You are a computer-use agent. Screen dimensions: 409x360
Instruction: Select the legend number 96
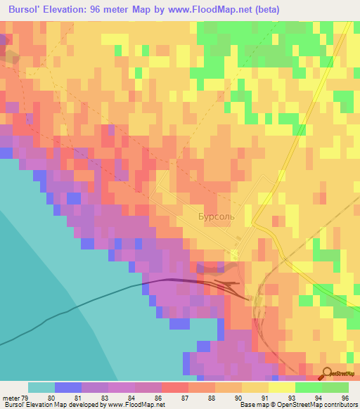pyautogui.click(x=345, y=397)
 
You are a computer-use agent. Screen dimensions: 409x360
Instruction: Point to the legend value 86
pyautogui.click(x=157, y=397)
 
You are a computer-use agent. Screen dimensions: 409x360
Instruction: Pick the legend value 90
pyautogui.click(x=238, y=397)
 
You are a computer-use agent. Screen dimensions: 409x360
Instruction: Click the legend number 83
pyautogui.click(x=104, y=397)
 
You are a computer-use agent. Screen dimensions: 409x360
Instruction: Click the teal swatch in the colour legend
pyautogui.click(x=41, y=387)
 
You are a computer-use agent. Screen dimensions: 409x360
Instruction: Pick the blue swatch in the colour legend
pyautogui.click(x=67, y=387)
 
